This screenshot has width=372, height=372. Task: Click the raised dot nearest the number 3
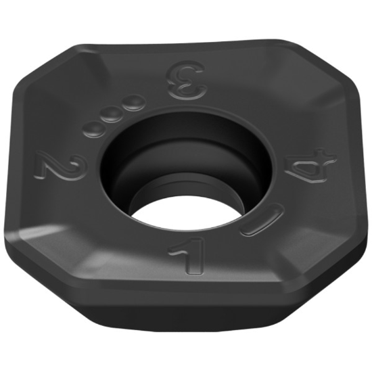point(135,102)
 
